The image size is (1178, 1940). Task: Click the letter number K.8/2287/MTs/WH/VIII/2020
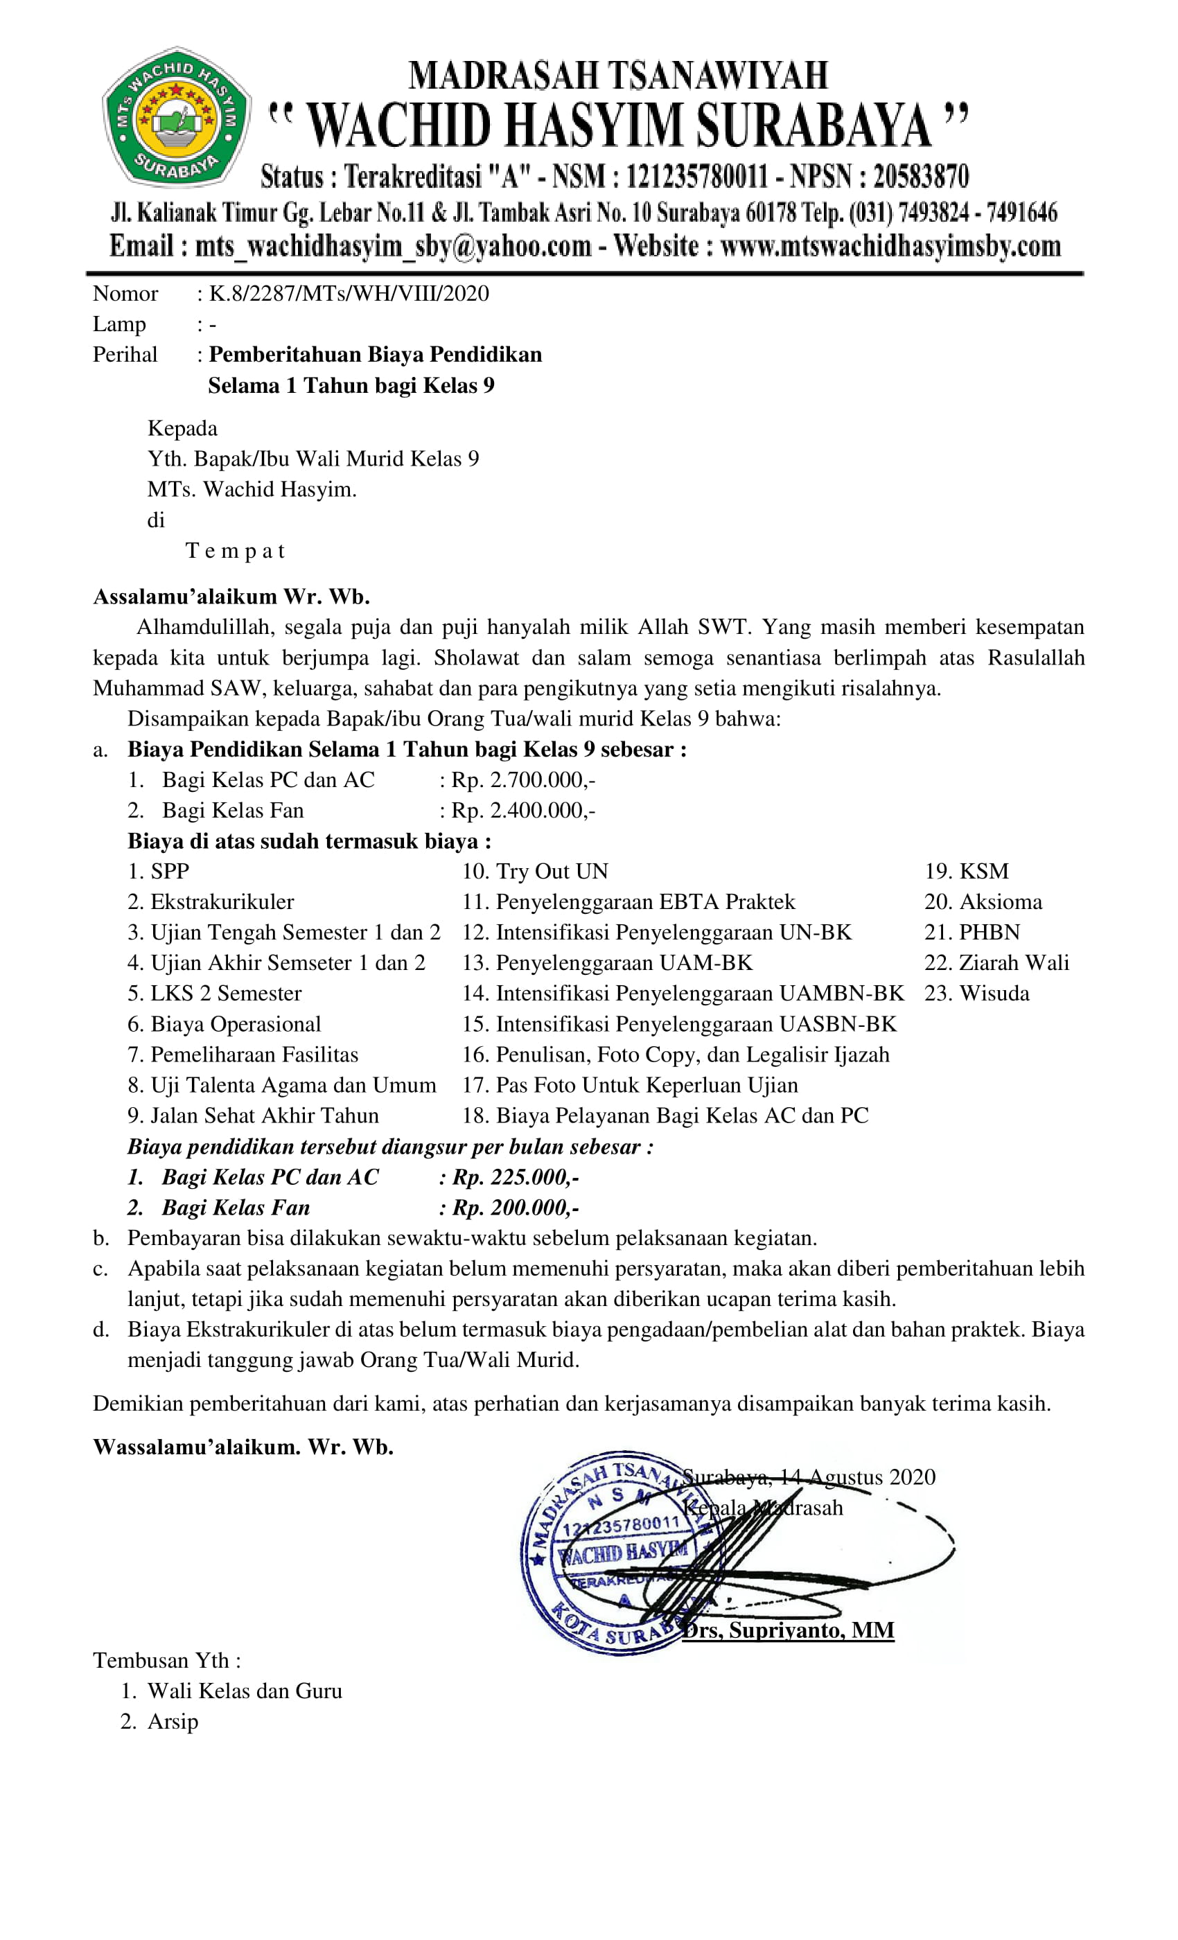click(x=348, y=294)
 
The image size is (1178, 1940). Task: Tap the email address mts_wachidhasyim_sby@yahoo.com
click(x=393, y=247)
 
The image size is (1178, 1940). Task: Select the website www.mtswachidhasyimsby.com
click(x=890, y=247)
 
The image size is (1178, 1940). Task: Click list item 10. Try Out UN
click(x=536, y=872)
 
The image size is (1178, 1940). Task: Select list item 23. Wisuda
click(x=976, y=994)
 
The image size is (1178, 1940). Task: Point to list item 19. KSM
click(x=966, y=872)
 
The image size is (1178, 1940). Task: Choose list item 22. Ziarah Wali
click(x=996, y=963)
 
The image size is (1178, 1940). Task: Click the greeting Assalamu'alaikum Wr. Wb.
click(x=231, y=597)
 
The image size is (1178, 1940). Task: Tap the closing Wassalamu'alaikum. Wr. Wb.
click(x=243, y=1447)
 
